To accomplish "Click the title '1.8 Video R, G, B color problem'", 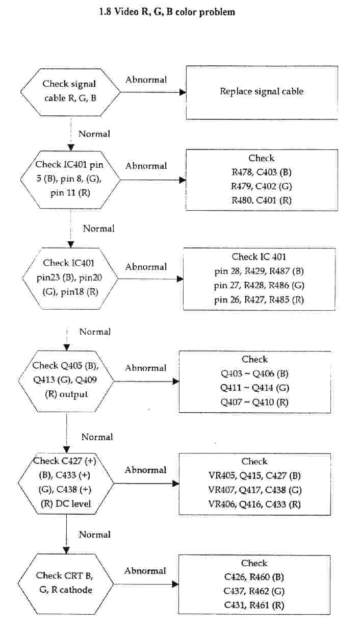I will coord(167,11).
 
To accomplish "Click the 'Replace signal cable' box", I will coord(262,92).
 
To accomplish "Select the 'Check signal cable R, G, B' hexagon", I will coord(70,91).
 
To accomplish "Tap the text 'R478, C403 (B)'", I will coord(262,172).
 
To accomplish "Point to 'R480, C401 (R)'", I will coord(262,200).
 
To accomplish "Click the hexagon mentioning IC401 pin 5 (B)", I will coord(70,180).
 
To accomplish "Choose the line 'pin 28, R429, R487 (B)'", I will coord(259,271).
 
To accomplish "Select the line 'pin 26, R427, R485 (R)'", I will coord(259,299).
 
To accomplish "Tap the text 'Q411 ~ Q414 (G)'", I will coord(254,388).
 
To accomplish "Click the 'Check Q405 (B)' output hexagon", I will coord(67,381).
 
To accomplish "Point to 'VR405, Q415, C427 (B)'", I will coord(254,476).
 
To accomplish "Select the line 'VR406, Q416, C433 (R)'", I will coord(254,504).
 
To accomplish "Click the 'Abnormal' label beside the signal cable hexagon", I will coord(146,80).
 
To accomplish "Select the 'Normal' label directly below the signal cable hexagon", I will coord(94,134).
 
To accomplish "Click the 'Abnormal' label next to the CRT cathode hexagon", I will coord(145,571).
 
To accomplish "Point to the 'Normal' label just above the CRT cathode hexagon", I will coord(95,535).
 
